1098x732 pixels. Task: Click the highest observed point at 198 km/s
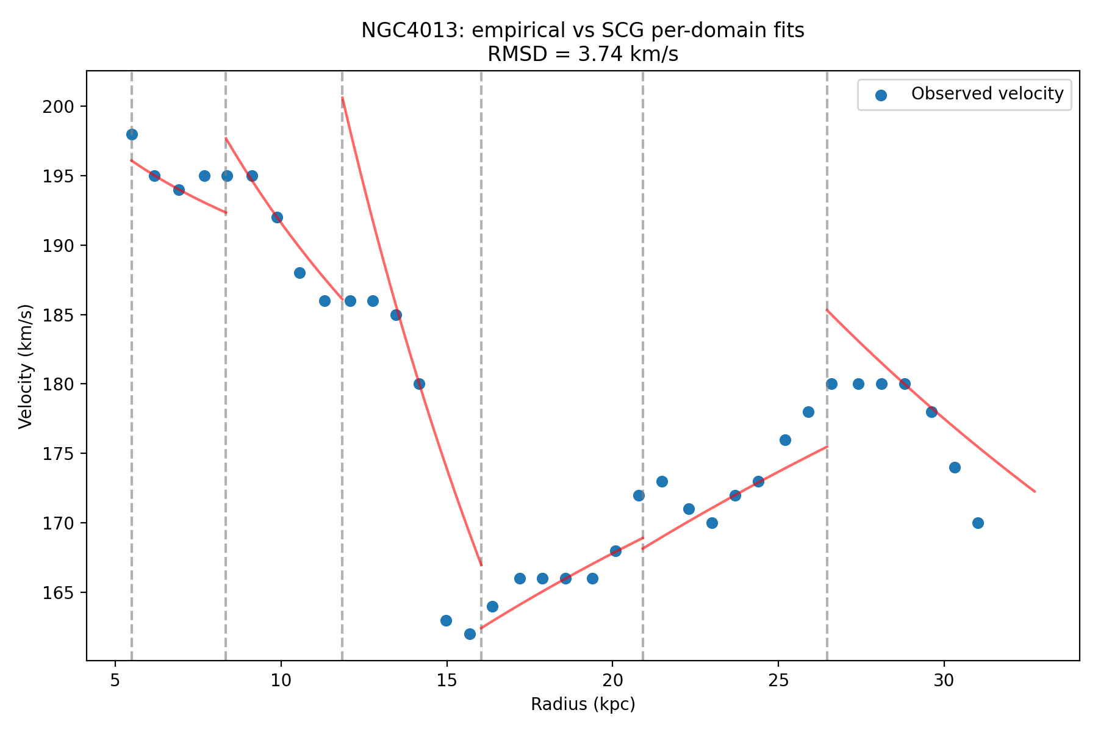[x=132, y=134]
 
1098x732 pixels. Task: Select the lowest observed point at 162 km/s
[x=470, y=634]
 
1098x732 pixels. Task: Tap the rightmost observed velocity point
[x=978, y=523]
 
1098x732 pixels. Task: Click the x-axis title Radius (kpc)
[x=583, y=705]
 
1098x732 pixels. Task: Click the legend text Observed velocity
[x=987, y=94]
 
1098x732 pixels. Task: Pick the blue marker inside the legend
[x=880, y=95]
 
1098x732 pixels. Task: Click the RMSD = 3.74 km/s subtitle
[x=583, y=55]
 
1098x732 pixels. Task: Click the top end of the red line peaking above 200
[x=342, y=98]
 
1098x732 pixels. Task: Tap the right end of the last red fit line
[x=1035, y=491]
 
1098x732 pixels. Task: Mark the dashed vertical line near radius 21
[x=643, y=366]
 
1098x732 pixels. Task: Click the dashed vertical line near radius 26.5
[x=827, y=366]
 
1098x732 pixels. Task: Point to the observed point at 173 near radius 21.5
[x=662, y=481]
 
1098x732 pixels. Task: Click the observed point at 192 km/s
[x=277, y=217]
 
